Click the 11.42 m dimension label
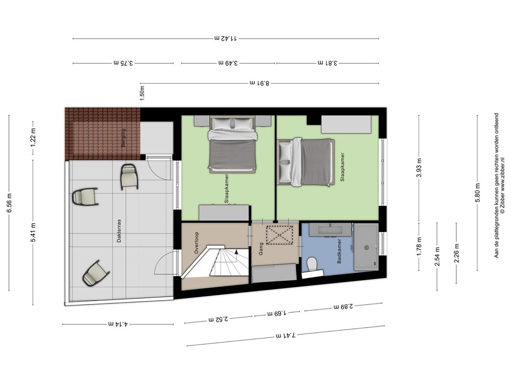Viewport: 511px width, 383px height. [x=226, y=38]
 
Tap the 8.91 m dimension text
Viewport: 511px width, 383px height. [x=260, y=83]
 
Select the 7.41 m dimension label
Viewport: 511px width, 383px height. [x=286, y=335]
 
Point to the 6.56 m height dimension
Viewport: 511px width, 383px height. [x=9, y=203]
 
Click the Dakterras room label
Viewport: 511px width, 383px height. [x=119, y=231]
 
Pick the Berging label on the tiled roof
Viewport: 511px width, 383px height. [x=123, y=137]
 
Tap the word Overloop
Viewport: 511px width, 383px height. [x=196, y=243]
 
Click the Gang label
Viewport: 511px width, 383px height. [x=261, y=249]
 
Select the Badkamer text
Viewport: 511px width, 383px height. [x=339, y=251]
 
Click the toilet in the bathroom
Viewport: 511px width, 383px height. [x=313, y=264]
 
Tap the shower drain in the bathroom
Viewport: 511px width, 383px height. [x=367, y=248]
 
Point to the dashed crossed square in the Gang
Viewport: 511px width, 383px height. [x=279, y=235]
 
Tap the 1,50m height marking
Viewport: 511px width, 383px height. [x=142, y=93]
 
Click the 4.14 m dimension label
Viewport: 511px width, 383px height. [x=118, y=324]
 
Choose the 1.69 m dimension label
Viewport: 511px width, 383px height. [x=277, y=313]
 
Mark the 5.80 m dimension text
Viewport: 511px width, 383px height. [x=478, y=193]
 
